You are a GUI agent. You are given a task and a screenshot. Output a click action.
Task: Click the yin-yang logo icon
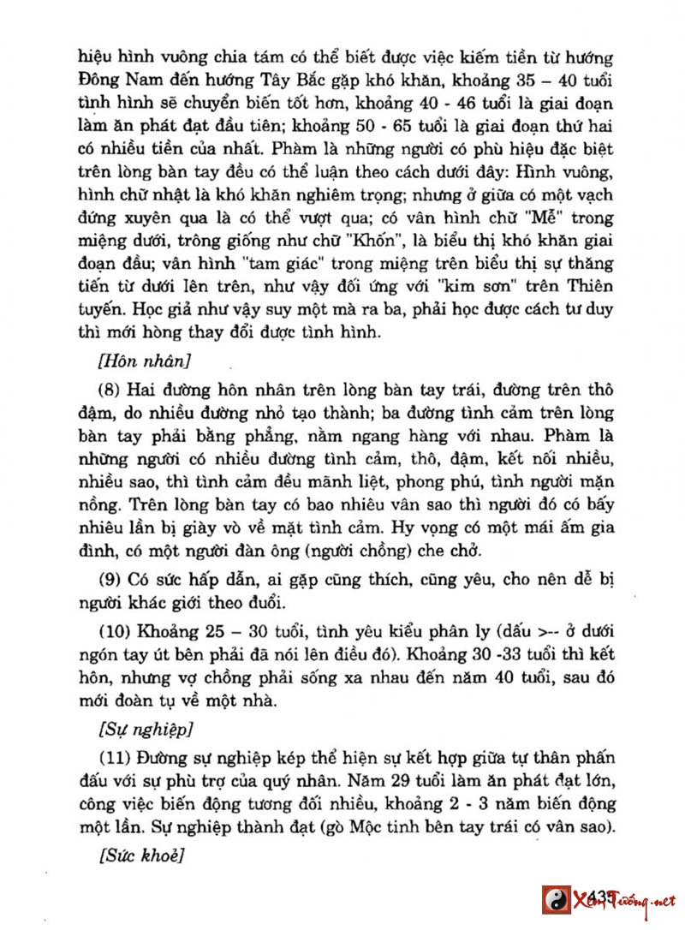coord(557,900)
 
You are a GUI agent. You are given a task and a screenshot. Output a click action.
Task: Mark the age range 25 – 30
coord(216,634)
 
